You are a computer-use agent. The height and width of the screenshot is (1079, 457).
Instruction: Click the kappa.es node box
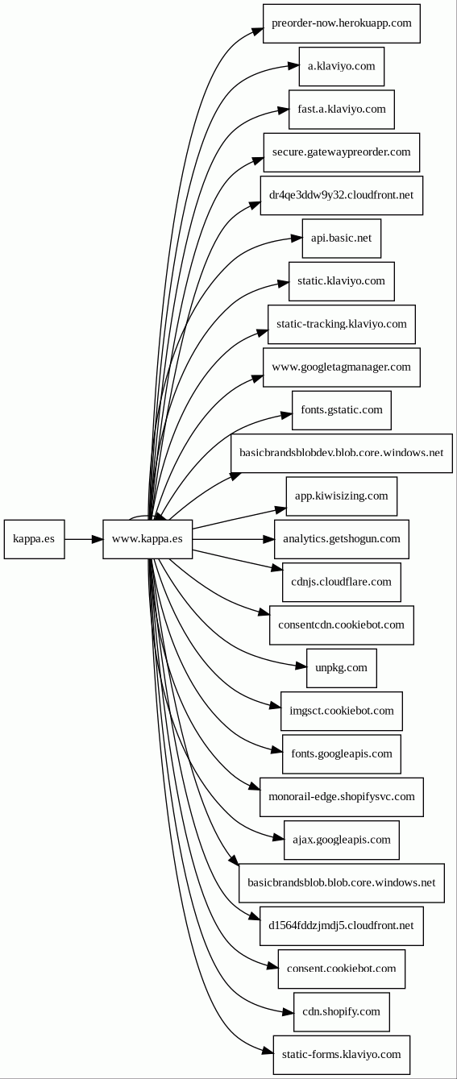click(34, 539)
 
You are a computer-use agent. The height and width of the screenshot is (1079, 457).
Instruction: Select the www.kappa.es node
click(147, 539)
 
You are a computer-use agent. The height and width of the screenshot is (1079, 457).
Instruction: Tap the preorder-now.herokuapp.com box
click(342, 23)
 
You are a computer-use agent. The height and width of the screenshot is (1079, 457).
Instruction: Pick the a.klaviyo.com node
click(342, 66)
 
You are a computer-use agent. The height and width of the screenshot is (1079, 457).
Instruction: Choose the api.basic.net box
click(342, 239)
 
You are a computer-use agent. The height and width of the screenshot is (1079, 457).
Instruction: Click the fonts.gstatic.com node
click(342, 410)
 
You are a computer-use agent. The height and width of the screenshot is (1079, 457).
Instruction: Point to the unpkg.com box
click(342, 668)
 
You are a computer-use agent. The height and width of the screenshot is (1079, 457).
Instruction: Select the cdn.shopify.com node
click(342, 1011)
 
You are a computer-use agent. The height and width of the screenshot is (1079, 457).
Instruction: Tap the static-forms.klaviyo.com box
click(342, 1055)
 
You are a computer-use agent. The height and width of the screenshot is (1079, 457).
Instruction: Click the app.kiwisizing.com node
click(342, 496)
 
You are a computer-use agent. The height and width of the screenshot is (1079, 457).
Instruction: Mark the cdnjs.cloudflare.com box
click(342, 582)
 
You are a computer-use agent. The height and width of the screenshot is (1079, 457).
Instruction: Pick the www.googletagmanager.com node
click(342, 367)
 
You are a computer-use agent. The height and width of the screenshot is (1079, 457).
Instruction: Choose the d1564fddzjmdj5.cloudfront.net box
click(342, 926)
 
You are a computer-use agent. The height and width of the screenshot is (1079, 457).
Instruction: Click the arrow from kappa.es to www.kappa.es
click(84, 539)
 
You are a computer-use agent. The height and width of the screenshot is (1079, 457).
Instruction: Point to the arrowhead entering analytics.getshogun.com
click(268, 539)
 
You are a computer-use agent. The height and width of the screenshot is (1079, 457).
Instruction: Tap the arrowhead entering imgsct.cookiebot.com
click(276, 706)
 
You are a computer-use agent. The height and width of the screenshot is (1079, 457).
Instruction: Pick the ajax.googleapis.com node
click(342, 840)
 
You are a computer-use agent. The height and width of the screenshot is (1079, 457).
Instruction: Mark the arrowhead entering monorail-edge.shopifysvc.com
click(255, 786)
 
